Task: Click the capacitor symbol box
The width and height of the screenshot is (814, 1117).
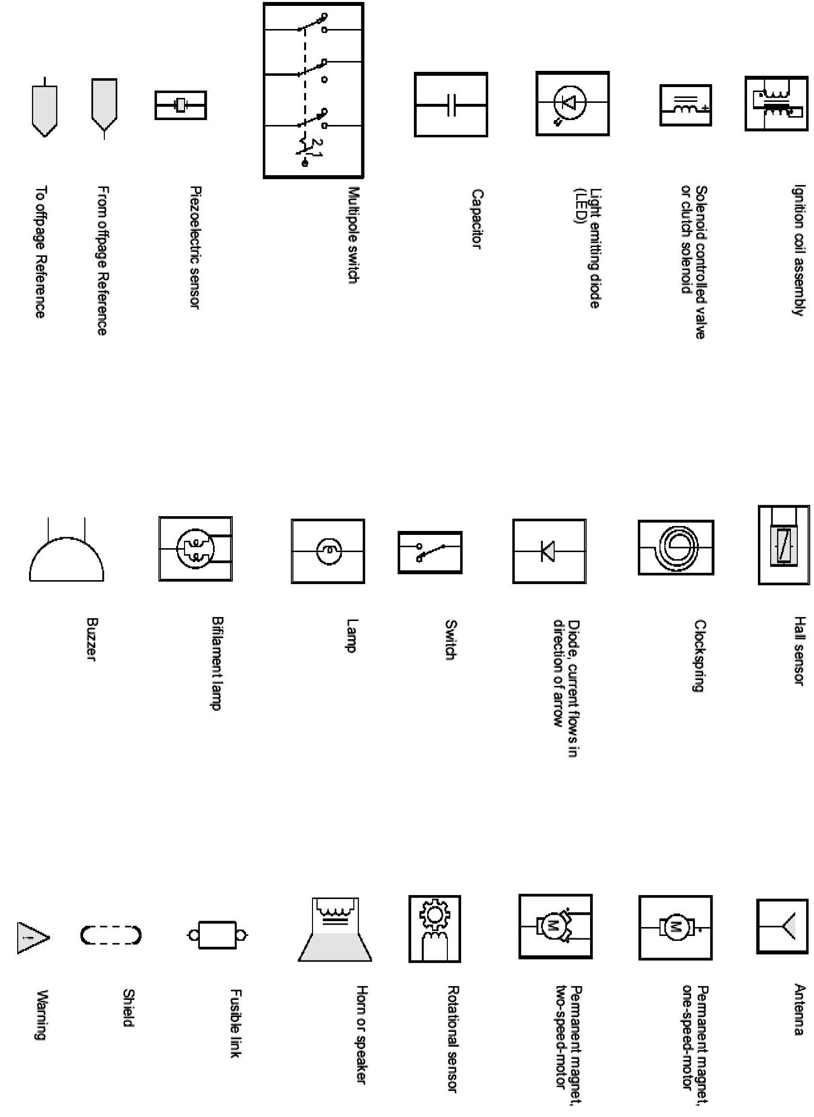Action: (451, 104)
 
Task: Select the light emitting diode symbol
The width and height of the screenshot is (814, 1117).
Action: (572, 103)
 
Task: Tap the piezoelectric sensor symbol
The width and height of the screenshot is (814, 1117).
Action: (180, 105)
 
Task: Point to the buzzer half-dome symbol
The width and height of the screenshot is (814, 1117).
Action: (66, 557)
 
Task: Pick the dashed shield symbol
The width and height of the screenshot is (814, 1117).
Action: (111, 935)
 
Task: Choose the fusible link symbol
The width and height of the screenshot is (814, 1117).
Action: (218, 935)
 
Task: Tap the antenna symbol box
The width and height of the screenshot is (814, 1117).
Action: (782, 926)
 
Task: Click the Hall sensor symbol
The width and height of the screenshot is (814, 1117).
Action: (783, 544)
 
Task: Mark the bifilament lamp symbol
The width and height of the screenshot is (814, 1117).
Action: (195, 548)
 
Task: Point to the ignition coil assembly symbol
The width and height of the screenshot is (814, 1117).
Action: (776, 103)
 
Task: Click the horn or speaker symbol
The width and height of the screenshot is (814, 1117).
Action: (335, 929)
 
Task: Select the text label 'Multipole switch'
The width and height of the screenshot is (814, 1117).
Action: (353, 235)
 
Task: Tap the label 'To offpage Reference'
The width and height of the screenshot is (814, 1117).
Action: (41, 251)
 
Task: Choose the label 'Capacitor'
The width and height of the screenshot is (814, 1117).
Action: (476, 219)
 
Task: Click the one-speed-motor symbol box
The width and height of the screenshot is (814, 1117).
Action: (675, 928)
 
